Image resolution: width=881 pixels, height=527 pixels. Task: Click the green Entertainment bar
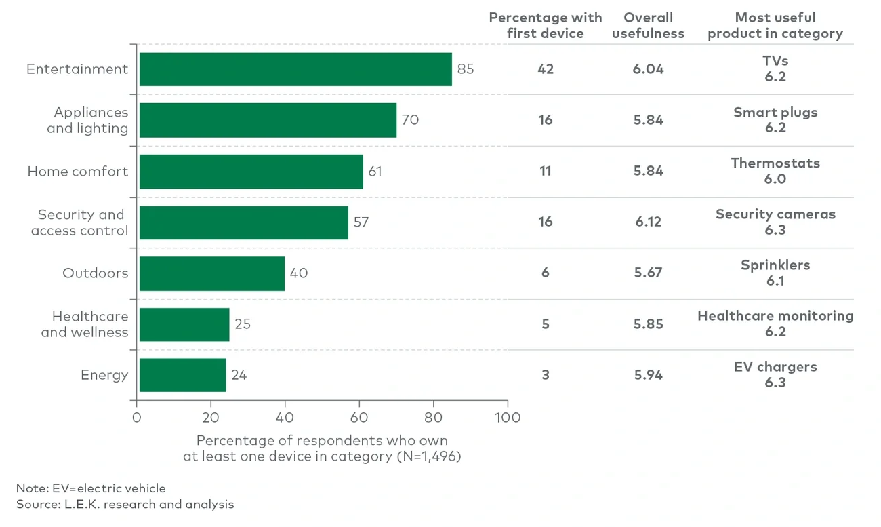295,69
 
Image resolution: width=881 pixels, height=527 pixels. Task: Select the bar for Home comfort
251,171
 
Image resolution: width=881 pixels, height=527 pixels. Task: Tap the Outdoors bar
211,273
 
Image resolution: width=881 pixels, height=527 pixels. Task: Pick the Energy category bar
182,375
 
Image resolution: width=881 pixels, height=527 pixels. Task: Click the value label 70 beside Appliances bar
410,120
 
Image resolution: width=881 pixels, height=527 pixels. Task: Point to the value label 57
361,222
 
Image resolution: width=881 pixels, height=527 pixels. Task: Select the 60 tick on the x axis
359,417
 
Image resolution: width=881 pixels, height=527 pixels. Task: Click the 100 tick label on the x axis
507,417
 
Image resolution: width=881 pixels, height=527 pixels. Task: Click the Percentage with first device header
545,26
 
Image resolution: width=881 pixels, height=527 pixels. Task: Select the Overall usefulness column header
648,26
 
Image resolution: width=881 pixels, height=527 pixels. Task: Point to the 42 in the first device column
546,69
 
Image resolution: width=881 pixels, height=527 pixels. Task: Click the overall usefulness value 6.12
649,222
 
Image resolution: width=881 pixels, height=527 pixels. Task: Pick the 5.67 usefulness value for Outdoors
649,273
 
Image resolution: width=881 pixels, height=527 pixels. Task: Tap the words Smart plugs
775,113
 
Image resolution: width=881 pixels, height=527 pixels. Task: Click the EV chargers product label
775,367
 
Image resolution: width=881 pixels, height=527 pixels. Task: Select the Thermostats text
775,163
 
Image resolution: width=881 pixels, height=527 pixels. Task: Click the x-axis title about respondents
322,448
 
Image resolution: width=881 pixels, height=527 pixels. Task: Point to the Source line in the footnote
125,504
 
